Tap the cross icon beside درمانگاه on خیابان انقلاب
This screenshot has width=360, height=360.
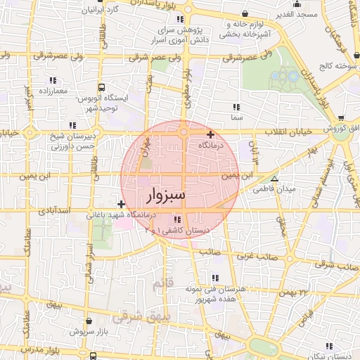pyautogui.click(x=210, y=134)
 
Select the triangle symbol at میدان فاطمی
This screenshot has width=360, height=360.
pyautogui.click(x=274, y=179)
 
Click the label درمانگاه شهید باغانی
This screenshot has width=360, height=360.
pyautogui.click(x=123, y=214)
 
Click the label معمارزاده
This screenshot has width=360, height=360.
pyautogui.click(x=53, y=91)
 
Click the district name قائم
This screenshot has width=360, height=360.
pyautogui.click(x=161, y=284)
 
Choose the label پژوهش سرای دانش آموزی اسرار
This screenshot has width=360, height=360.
pyautogui.click(x=191, y=37)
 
